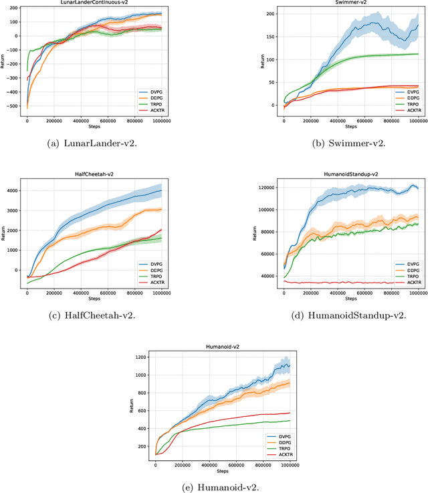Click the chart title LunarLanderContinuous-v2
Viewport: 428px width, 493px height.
click(95, 5)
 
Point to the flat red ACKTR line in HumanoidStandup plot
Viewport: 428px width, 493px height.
click(348, 282)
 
